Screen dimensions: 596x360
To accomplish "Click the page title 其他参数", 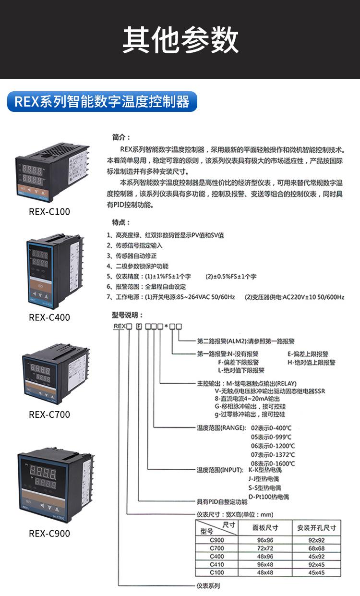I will [180, 40].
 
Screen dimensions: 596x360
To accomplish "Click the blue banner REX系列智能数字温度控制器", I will [102, 102].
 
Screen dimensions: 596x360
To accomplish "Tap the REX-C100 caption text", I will [49, 212].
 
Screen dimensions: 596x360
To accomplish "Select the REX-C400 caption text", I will [49, 317].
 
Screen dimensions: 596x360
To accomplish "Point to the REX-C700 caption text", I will [49, 414].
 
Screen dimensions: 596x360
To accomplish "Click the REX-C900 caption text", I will [49, 534].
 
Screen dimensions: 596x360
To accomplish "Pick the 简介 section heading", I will [121, 137].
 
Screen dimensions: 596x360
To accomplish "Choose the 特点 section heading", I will [121, 223].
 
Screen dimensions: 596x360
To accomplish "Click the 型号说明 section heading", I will [127, 315].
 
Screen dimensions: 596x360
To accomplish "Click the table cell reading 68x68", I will [316, 548].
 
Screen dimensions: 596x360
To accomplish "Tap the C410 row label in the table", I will [217, 565].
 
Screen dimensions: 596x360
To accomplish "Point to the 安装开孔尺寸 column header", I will [317, 528].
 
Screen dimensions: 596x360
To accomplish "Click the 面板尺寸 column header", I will [265, 528].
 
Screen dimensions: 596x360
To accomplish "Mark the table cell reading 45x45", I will [316, 573].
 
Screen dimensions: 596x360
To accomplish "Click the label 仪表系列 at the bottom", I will [208, 586].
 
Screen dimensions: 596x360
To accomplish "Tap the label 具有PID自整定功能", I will [222, 502].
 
